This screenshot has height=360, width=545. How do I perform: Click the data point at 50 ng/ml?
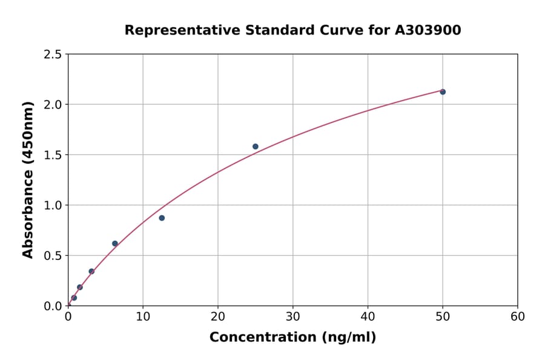point(443,92)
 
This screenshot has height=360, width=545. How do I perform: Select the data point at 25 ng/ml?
point(256,147)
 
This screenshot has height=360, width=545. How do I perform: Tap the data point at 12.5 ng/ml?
point(162,218)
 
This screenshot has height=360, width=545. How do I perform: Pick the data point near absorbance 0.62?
point(115,244)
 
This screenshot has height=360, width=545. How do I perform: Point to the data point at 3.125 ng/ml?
point(91,272)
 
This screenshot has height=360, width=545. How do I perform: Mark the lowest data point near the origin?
point(74,298)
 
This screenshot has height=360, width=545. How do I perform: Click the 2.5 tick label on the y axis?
point(53,55)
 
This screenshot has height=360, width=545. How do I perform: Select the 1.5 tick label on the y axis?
point(53,155)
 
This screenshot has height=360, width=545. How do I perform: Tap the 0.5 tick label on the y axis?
point(53,256)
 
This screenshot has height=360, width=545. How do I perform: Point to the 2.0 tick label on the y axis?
point(53,105)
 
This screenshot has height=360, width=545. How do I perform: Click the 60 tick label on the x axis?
point(518,316)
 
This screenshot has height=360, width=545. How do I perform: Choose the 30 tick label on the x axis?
point(293,316)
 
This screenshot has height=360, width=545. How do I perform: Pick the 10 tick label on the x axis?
point(143,316)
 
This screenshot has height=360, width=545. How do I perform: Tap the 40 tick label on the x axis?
point(368,316)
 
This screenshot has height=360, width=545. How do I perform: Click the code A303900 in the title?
point(428,30)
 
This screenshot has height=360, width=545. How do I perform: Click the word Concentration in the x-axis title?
point(264,338)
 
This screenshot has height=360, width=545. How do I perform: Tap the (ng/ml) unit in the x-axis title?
point(349,338)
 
